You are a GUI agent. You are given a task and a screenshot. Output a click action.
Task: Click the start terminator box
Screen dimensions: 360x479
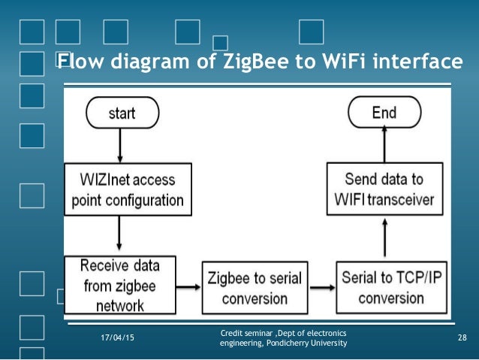(x=122, y=113)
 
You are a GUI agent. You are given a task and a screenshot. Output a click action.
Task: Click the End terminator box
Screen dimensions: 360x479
(x=384, y=113)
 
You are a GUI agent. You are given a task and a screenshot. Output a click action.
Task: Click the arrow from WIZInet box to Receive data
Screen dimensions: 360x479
(x=121, y=234)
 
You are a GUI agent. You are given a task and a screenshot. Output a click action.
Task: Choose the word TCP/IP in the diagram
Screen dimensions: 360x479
(x=411, y=277)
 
